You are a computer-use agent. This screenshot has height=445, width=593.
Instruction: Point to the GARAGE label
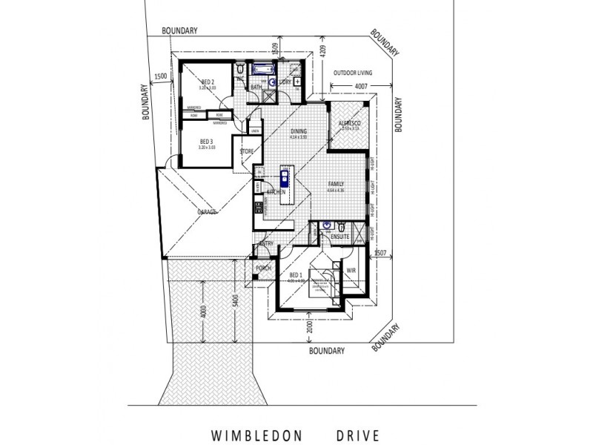coord(207,212)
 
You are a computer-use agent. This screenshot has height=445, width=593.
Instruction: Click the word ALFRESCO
coord(350,122)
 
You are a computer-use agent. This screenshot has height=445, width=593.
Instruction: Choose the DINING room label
coord(298,132)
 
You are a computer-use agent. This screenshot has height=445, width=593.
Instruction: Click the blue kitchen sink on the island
coord(283,178)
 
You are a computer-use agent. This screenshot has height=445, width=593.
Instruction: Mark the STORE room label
coord(246,152)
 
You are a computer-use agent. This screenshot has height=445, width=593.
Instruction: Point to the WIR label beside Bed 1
coord(351,271)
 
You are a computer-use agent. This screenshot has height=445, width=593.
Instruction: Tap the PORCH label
coord(262,268)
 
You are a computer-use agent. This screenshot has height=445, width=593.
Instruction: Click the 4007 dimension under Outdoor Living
coord(362,87)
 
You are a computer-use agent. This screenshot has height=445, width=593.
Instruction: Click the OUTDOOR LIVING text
coord(353,73)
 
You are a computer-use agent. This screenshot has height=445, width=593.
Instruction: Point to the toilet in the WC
coord(241,70)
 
